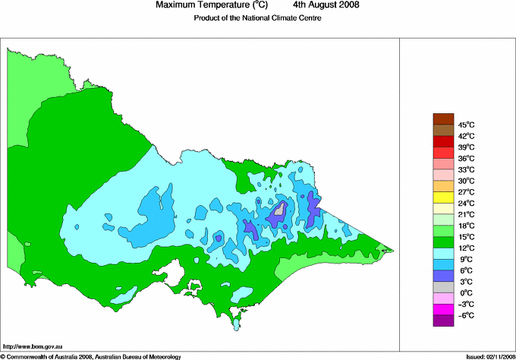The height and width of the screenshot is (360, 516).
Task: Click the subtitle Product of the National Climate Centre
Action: (x=257, y=18)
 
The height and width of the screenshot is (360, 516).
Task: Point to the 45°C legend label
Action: (x=465, y=125)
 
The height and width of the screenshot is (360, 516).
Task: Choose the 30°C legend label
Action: (x=465, y=181)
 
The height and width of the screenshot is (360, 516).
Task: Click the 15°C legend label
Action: (x=465, y=237)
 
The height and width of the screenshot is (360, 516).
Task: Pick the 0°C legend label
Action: (x=465, y=292)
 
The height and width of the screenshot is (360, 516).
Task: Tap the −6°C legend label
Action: (x=465, y=315)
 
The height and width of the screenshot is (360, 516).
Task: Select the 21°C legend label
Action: (x=465, y=214)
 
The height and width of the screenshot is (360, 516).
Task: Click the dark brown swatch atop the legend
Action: (x=442, y=118)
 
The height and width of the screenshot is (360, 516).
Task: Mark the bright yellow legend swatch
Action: (x=442, y=197)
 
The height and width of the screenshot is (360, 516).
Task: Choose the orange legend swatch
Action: (x=442, y=185)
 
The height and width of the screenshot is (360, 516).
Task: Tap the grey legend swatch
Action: (x=442, y=287)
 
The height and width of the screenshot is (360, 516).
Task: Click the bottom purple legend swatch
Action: (x=442, y=321)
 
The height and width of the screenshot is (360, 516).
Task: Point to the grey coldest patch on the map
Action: (x=280, y=209)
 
